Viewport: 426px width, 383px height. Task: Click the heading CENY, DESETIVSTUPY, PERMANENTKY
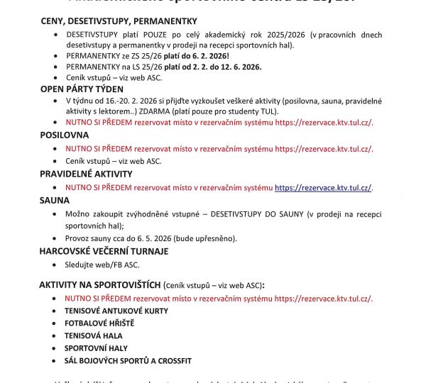[x=119, y=21]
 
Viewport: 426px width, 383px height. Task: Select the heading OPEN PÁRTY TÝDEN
[x=82, y=89]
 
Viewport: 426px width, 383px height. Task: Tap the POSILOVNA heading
[x=65, y=135]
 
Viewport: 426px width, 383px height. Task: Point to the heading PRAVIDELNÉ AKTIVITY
[x=86, y=174]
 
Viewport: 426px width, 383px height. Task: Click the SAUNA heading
[x=55, y=201]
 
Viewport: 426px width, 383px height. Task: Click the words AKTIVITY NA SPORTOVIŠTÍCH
[x=100, y=284]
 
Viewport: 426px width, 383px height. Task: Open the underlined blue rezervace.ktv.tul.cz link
[x=323, y=188]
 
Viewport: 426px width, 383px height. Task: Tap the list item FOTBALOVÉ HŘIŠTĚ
[x=99, y=323]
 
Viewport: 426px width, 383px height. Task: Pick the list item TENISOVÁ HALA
[x=94, y=335]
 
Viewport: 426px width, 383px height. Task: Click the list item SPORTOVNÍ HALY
[x=97, y=348]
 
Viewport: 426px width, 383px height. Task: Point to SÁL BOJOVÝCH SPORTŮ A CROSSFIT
[x=128, y=361]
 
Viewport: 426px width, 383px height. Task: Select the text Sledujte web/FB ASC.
[x=102, y=265]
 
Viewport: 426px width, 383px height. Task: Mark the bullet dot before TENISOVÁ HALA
[x=55, y=335]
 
